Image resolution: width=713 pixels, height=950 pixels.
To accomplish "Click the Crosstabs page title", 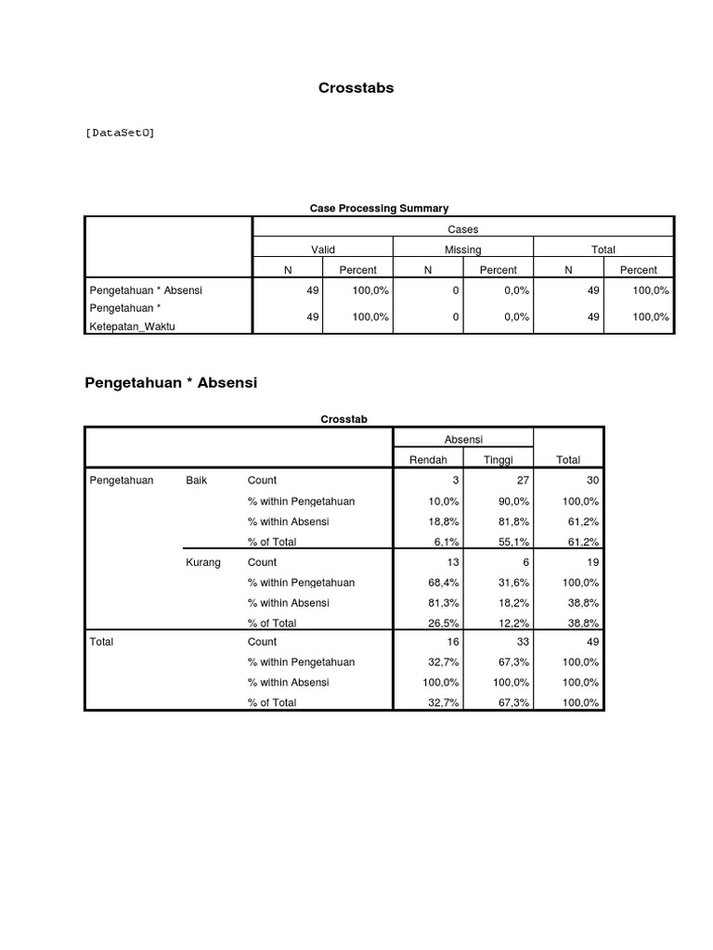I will tap(356, 88).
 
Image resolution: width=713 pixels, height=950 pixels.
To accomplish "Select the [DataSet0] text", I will tap(120, 133).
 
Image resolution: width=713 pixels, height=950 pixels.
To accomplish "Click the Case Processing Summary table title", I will tap(378, 209).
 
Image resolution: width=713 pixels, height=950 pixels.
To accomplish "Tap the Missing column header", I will tap(462, 250).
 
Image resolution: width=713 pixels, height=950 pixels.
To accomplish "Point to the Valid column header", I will tap(322, 250).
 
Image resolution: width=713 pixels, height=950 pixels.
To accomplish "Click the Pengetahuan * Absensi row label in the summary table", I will tap(145, 290).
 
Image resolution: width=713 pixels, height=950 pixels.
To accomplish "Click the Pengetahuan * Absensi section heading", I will tap(170, 382).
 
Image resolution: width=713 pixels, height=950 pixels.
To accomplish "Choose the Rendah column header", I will tap(428, 459).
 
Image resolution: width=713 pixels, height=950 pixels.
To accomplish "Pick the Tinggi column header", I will tap(498, 459).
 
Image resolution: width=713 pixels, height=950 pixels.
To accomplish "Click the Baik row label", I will tap(196, 481).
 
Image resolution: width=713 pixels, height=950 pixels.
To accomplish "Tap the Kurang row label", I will tap(202, 562).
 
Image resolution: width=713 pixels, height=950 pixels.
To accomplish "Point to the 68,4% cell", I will tap(444, 583).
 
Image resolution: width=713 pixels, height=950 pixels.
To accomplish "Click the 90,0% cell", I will tap(513, 501).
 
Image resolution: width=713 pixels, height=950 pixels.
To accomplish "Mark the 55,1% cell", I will tap(513, 542).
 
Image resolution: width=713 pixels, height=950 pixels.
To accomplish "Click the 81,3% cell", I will tap(444, 603).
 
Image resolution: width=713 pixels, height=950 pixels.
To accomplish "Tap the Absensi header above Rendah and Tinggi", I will tap(463, 439).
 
